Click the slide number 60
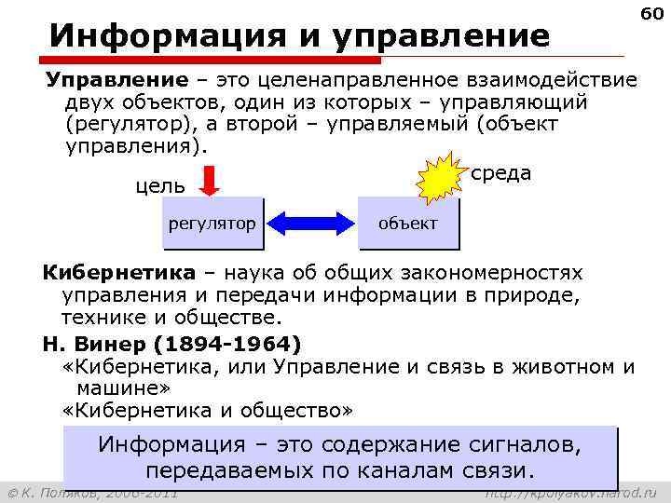point(651,14)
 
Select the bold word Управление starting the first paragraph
point(102,80)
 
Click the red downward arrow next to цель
point(210,180)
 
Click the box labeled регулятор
point(212,224)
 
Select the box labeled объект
point(408,224)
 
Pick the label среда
point(502,173)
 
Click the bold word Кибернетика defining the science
point(119,273)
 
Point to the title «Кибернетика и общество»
point(208,409)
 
